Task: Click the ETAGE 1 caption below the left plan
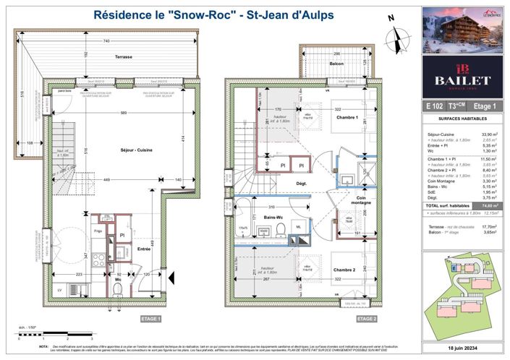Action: tap(151, 319)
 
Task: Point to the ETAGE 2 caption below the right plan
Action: tap(366, 319)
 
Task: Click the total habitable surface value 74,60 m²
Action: tap(493, 206)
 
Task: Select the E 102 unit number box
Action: tap(435, 106)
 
